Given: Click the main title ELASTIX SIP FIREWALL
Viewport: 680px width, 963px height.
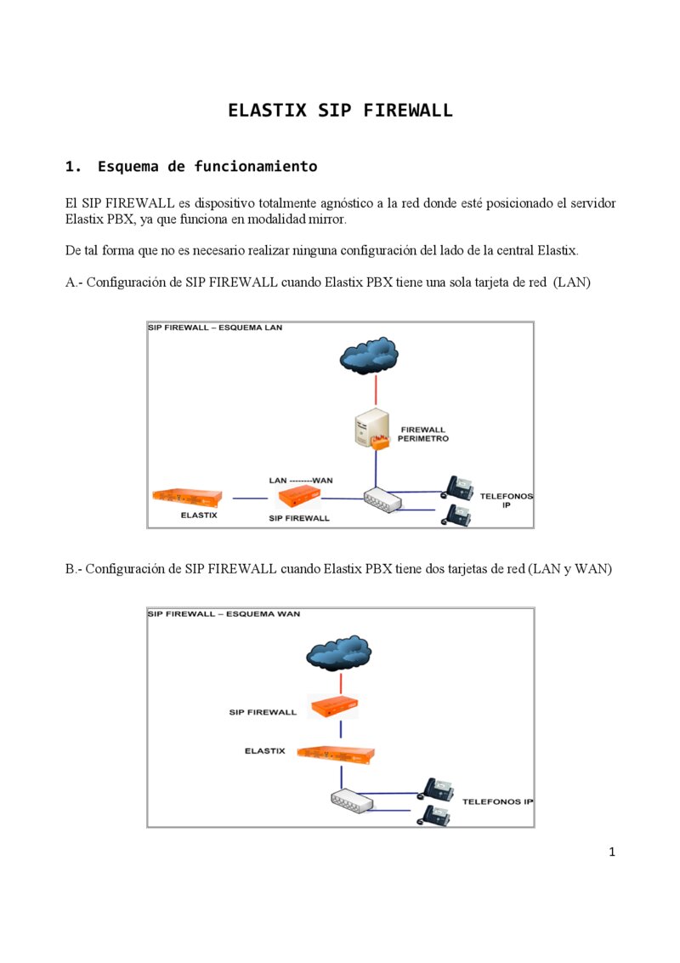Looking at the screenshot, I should (x=340, y=111).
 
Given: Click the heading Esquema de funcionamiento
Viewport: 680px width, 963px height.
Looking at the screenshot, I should (x=207, y=167).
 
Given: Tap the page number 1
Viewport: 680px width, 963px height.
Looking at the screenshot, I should (x=611, y=852).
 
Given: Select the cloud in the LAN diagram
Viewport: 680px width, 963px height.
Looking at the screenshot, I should (x=369, y=356).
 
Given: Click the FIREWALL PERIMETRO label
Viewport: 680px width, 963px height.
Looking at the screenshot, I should (x=422, y=434).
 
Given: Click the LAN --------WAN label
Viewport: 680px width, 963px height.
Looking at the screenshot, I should (x=300, y=480).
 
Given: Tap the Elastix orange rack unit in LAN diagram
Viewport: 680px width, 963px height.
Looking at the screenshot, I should (x=187, y=497).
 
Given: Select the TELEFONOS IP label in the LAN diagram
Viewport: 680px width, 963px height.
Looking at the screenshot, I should (x=507, y=499).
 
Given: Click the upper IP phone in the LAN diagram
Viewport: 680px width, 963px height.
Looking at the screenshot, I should (x=458, y=487).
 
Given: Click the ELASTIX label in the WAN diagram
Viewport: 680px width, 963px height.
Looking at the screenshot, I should (x=264, y=751).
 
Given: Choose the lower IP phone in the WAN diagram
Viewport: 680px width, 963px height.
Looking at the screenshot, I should (x=433, y=815).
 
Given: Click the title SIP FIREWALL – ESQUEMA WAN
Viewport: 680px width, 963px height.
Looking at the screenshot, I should (x=224, y=613).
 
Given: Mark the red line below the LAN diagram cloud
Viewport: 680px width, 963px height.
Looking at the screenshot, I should (x=376, y=391).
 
